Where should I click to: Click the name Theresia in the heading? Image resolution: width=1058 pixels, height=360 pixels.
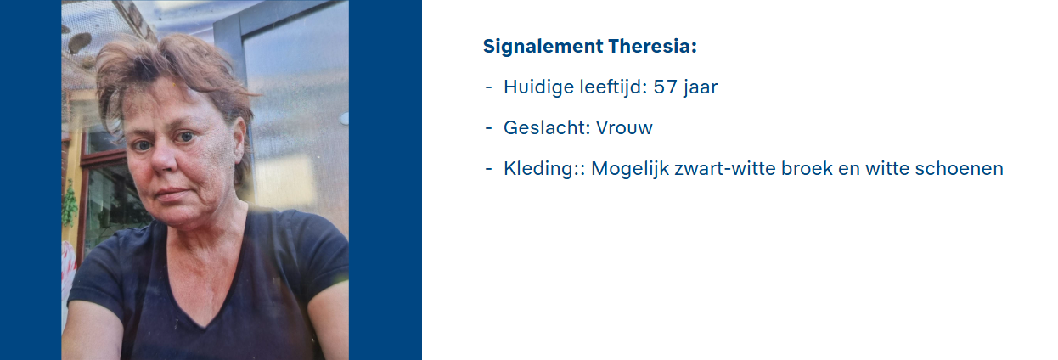[x=652, y=47]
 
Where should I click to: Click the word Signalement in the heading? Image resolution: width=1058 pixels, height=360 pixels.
[x=543, y=48]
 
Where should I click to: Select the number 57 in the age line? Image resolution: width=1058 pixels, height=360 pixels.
[x=666, y=87]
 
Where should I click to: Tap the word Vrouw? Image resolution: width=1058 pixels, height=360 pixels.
[x=624, y=128]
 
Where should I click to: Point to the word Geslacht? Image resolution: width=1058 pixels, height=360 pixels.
[x=548, y=127]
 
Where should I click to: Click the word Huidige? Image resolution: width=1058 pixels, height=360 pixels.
[x=539, y=87]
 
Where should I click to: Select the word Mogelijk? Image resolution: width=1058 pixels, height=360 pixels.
[x=630, y=169]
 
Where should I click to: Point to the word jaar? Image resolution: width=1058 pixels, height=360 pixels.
[x=700, y=87]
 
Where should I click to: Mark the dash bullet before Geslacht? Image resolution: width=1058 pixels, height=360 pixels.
[x=489, y=128]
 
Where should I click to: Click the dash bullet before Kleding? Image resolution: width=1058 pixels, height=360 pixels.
[x=489, y=169]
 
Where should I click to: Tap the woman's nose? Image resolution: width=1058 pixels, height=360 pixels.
[x=162, y=160]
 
